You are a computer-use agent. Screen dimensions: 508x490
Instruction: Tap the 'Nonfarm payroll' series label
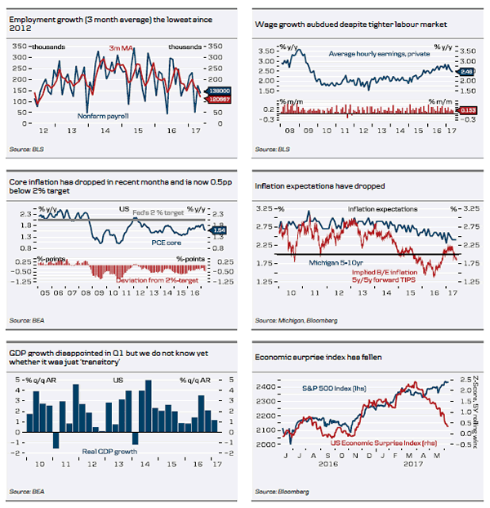[105, 116]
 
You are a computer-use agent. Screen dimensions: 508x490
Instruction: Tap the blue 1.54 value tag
[218, 231]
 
